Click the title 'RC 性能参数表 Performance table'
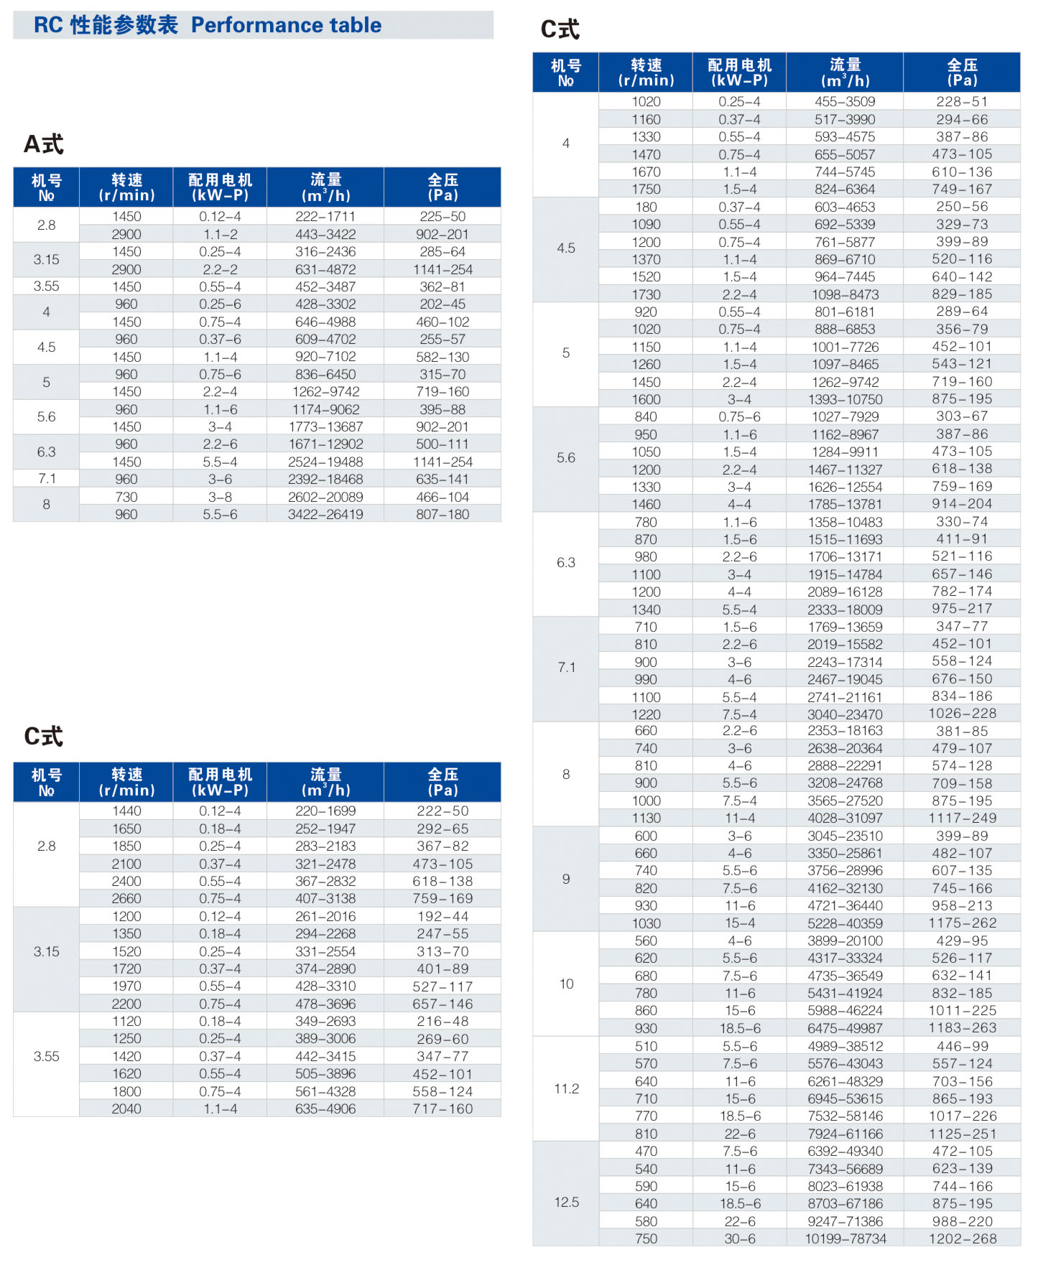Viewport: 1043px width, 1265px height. pos(208,25)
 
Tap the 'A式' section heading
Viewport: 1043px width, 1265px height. pos(44,144)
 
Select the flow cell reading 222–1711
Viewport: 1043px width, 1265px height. pos(325,217)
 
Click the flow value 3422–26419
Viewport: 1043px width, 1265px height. pos(325,515)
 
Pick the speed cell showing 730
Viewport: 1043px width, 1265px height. pos(126,497)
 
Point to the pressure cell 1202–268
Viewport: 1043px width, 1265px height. pos(962,1238)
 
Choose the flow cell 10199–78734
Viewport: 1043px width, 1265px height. pos(845,1238)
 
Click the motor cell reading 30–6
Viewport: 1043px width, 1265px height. pos(739,1238)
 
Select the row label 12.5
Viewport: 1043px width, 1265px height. pos(566,1202)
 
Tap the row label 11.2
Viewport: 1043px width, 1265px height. pos(566,1088)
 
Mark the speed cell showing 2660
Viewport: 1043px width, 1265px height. pos(126,898)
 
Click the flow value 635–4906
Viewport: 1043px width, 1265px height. pos(325,1108)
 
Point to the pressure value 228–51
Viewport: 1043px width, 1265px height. pos(962,102)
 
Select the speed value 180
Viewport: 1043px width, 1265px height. pos(646,207)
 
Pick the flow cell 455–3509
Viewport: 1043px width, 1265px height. pos(845,102)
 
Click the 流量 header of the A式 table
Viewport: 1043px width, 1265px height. pos(325,187)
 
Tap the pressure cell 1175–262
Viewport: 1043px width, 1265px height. pos(962,923)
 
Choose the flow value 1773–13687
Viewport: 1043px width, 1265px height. pos(325,426)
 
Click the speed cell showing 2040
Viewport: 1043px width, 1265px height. pos(126,1108)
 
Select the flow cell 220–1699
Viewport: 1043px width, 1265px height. pos(325,811)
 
